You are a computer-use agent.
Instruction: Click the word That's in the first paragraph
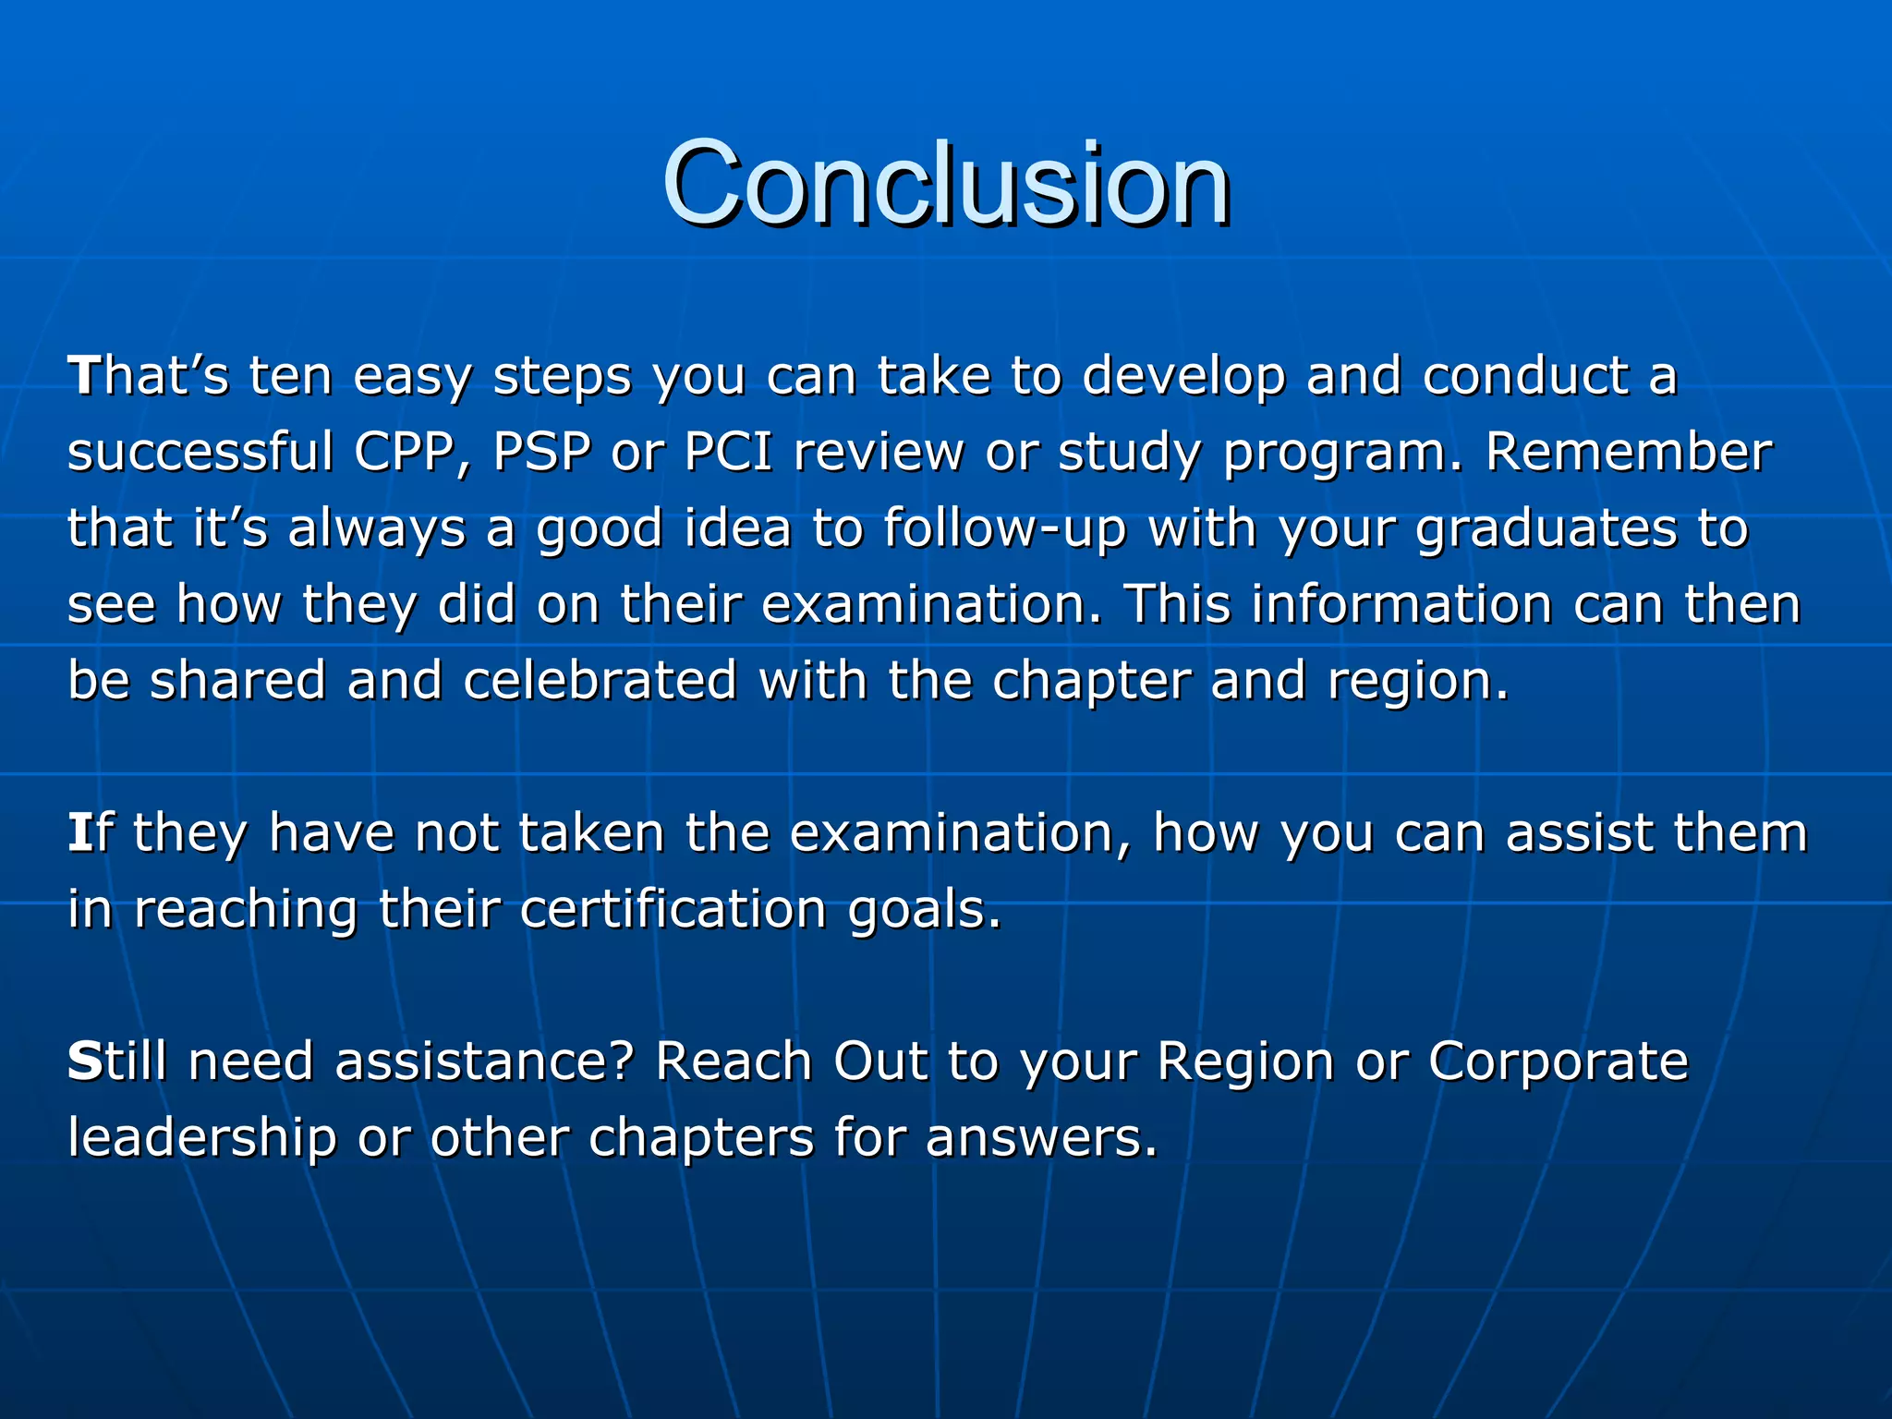(148, 377)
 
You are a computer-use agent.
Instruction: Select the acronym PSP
(541, 453)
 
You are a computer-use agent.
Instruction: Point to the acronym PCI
(728, 453)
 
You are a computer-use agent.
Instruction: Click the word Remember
(1629, 453)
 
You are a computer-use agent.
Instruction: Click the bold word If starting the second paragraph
(90, 832)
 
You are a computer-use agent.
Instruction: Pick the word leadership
(202, 1137)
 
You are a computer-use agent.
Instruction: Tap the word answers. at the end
(1041, 1138)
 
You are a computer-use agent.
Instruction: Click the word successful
(200, 453)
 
